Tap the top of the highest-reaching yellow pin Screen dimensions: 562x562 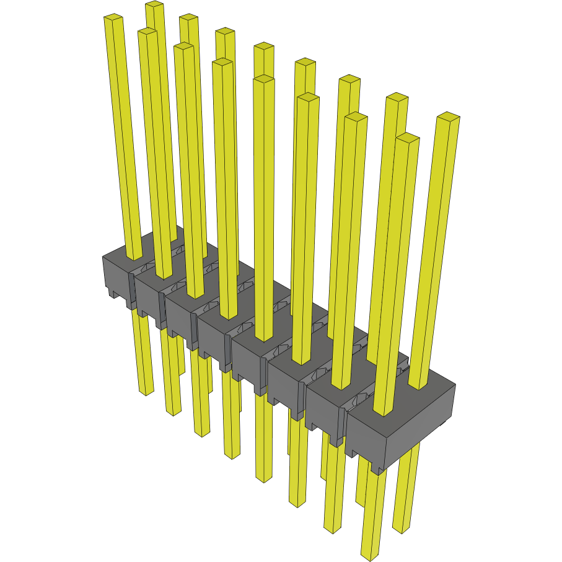[x=154, y=5]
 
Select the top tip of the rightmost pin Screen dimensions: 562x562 [x=448, y=116]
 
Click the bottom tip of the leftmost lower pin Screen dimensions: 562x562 [x=146, y=392]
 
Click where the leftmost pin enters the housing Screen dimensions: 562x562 [x=134, y=257]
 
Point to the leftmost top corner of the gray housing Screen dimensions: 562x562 [x=103, y=257]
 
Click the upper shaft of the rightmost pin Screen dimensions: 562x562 [x=437, y=248]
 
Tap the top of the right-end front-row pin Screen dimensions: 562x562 [x=406, y=138]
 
